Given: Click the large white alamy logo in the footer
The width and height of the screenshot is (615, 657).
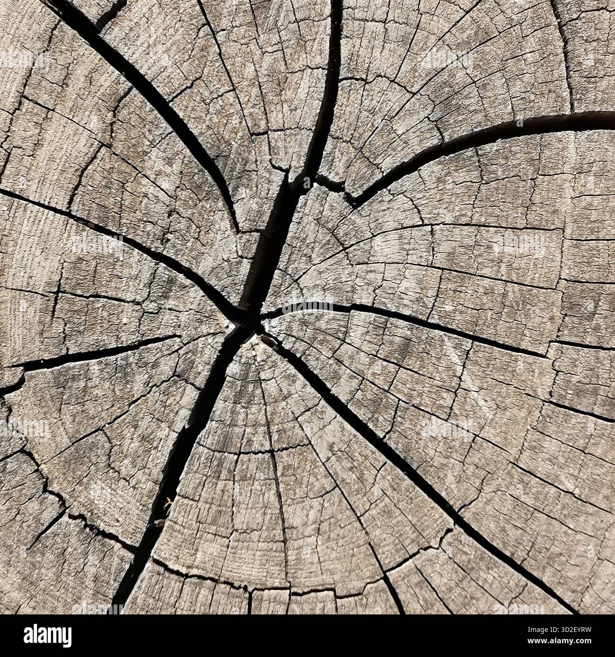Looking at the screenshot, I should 47,635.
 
